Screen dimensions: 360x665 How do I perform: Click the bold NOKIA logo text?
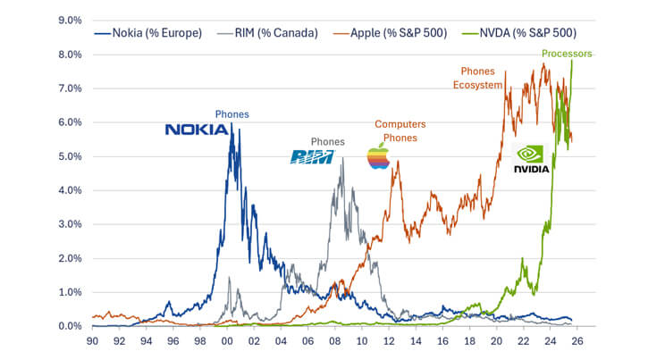click(x=196, y=130)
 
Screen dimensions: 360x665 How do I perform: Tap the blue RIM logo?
click(x=312, y=157)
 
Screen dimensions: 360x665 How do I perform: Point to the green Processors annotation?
click(x=567, y=54)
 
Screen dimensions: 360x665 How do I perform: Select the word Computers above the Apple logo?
click(x=400, y=124)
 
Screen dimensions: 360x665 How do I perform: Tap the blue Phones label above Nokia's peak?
click(x=231, y=114)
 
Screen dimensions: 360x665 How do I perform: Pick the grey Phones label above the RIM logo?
click(x=327, y=141)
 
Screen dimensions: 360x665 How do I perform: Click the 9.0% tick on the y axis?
click(x=70, y=20)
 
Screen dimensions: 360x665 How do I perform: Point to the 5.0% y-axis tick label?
click(x=70, y=156)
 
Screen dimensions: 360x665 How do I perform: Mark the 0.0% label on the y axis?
click(x=70, y=326)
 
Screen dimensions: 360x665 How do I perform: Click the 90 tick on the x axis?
click(x=93, y=341)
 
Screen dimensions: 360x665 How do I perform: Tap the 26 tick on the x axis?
click(x=577, y=341)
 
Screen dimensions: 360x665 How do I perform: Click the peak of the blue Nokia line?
click(x=231, y=124)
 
